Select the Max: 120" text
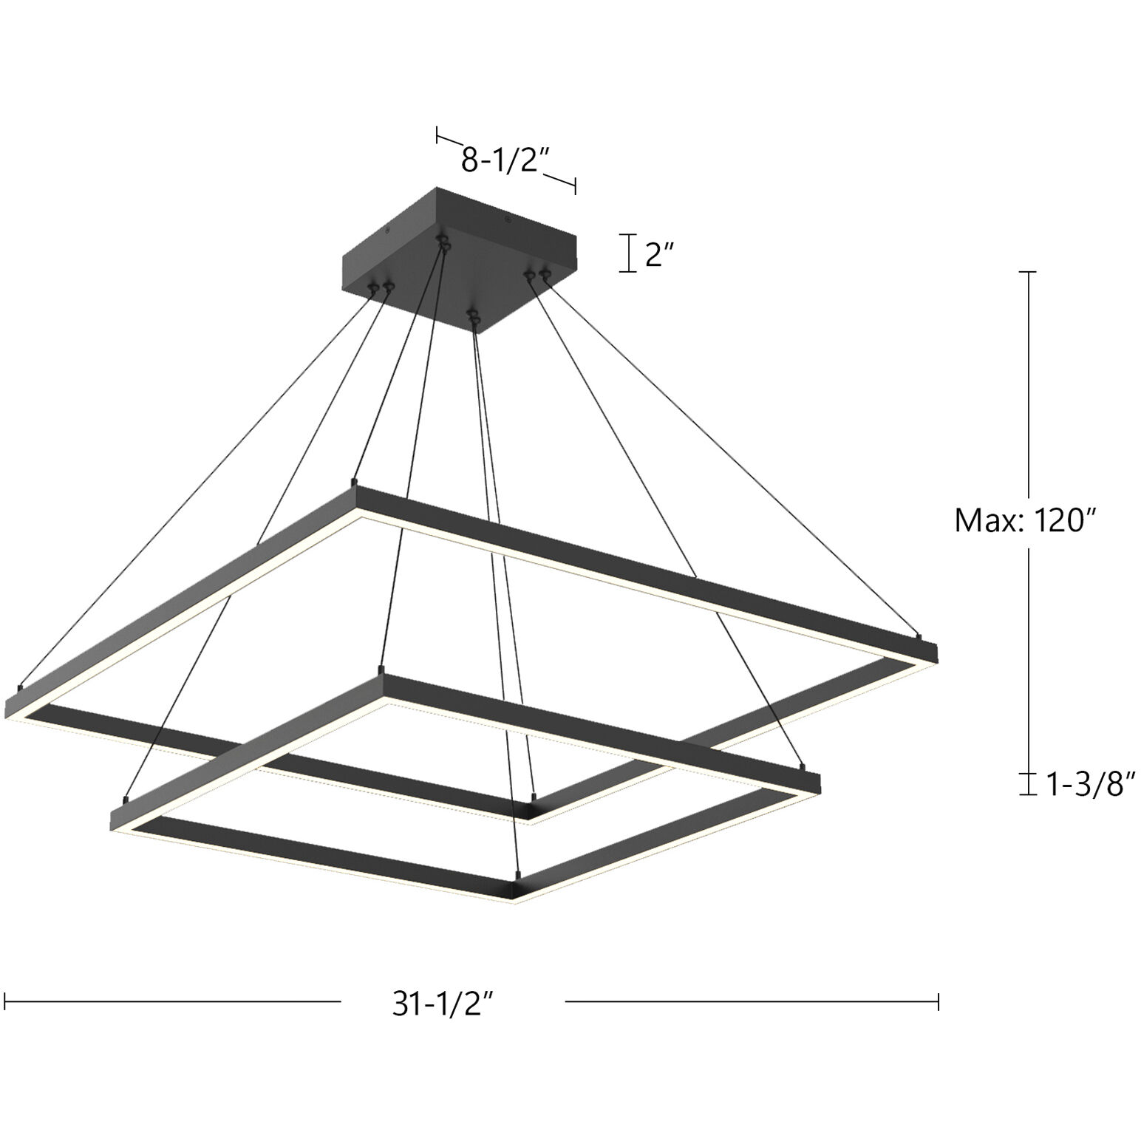[1024, 521]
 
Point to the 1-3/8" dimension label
[1090, 784]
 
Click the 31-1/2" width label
[443, 1004]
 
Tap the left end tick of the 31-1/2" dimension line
[6, 1002]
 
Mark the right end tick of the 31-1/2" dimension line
[938, 1002]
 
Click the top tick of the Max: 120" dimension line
[1027, 273]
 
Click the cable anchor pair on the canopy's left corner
[381, 287]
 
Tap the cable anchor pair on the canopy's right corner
[538, 276]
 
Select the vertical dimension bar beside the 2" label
[629, 253]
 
